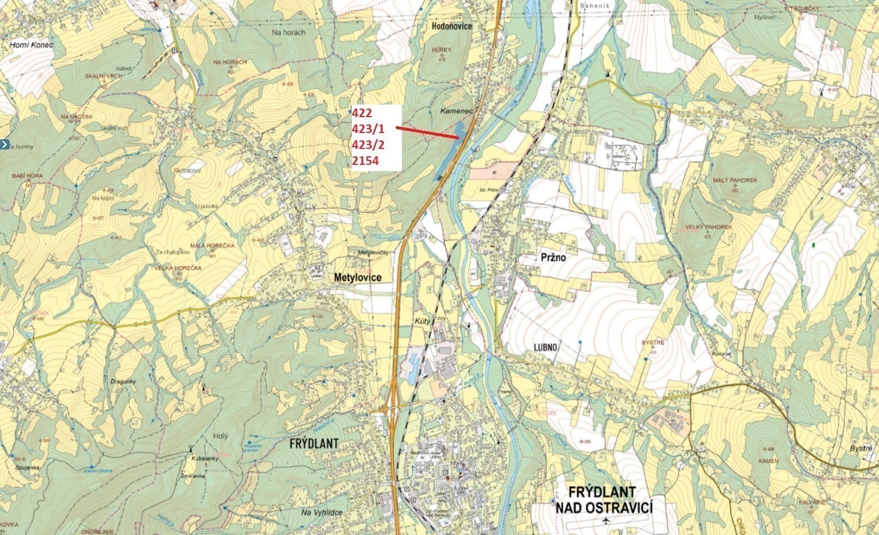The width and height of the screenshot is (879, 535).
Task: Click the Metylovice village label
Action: [x=357, y=277]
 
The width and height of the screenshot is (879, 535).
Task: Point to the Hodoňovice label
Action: [x=451, y=26]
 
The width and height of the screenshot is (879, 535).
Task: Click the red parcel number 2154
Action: [x=365, y=161]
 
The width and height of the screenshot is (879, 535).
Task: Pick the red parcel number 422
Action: [x=362, y=114]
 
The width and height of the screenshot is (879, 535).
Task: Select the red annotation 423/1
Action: [x=368, y=129]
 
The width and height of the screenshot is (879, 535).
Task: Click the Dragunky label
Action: [x=124, y=382]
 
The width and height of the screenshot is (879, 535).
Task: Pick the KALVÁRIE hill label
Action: [x=812, y=502]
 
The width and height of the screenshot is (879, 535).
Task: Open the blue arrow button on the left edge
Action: [x=4, y=144]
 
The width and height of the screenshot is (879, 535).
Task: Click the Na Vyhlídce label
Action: [x=322, y=512]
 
